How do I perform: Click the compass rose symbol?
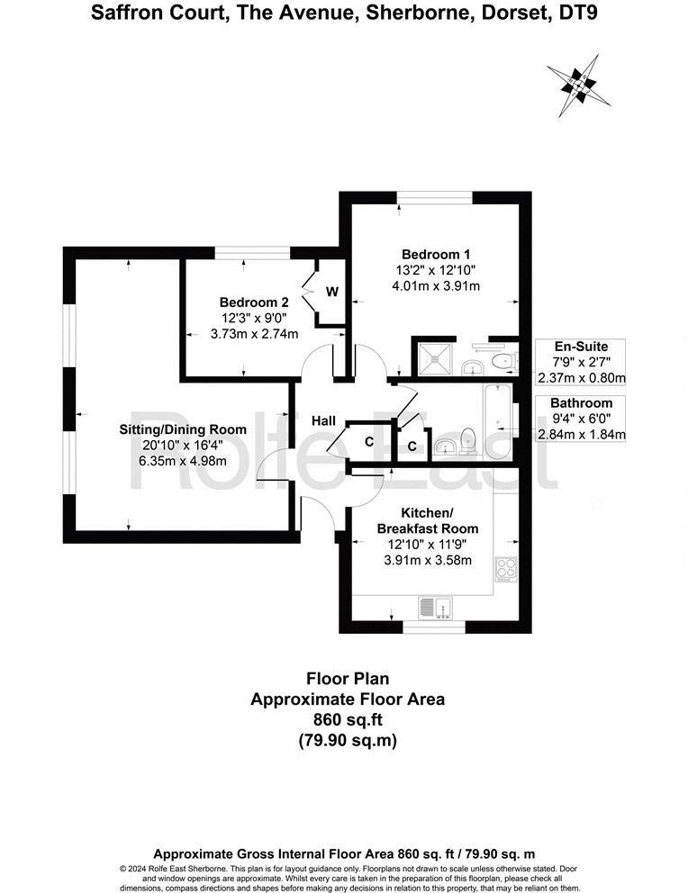click(x=574, y=85)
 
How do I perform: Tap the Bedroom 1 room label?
click(x=436, y=254)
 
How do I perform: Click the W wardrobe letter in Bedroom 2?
click(x=331, y=292)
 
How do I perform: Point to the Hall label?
click(x=324, y=420)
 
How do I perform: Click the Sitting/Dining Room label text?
click(x=183, y=429)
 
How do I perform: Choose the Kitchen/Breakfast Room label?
click(x=428, y=520)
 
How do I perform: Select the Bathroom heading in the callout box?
click(x=581, y=403)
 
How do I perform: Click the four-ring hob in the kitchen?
click(x=506, y=570)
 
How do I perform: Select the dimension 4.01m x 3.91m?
click(x=436, y=286)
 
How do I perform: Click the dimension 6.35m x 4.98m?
click(x=183, y=461)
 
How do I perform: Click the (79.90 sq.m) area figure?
click(x=347, y=741)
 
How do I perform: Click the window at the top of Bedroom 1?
click(x=436, y=195)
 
